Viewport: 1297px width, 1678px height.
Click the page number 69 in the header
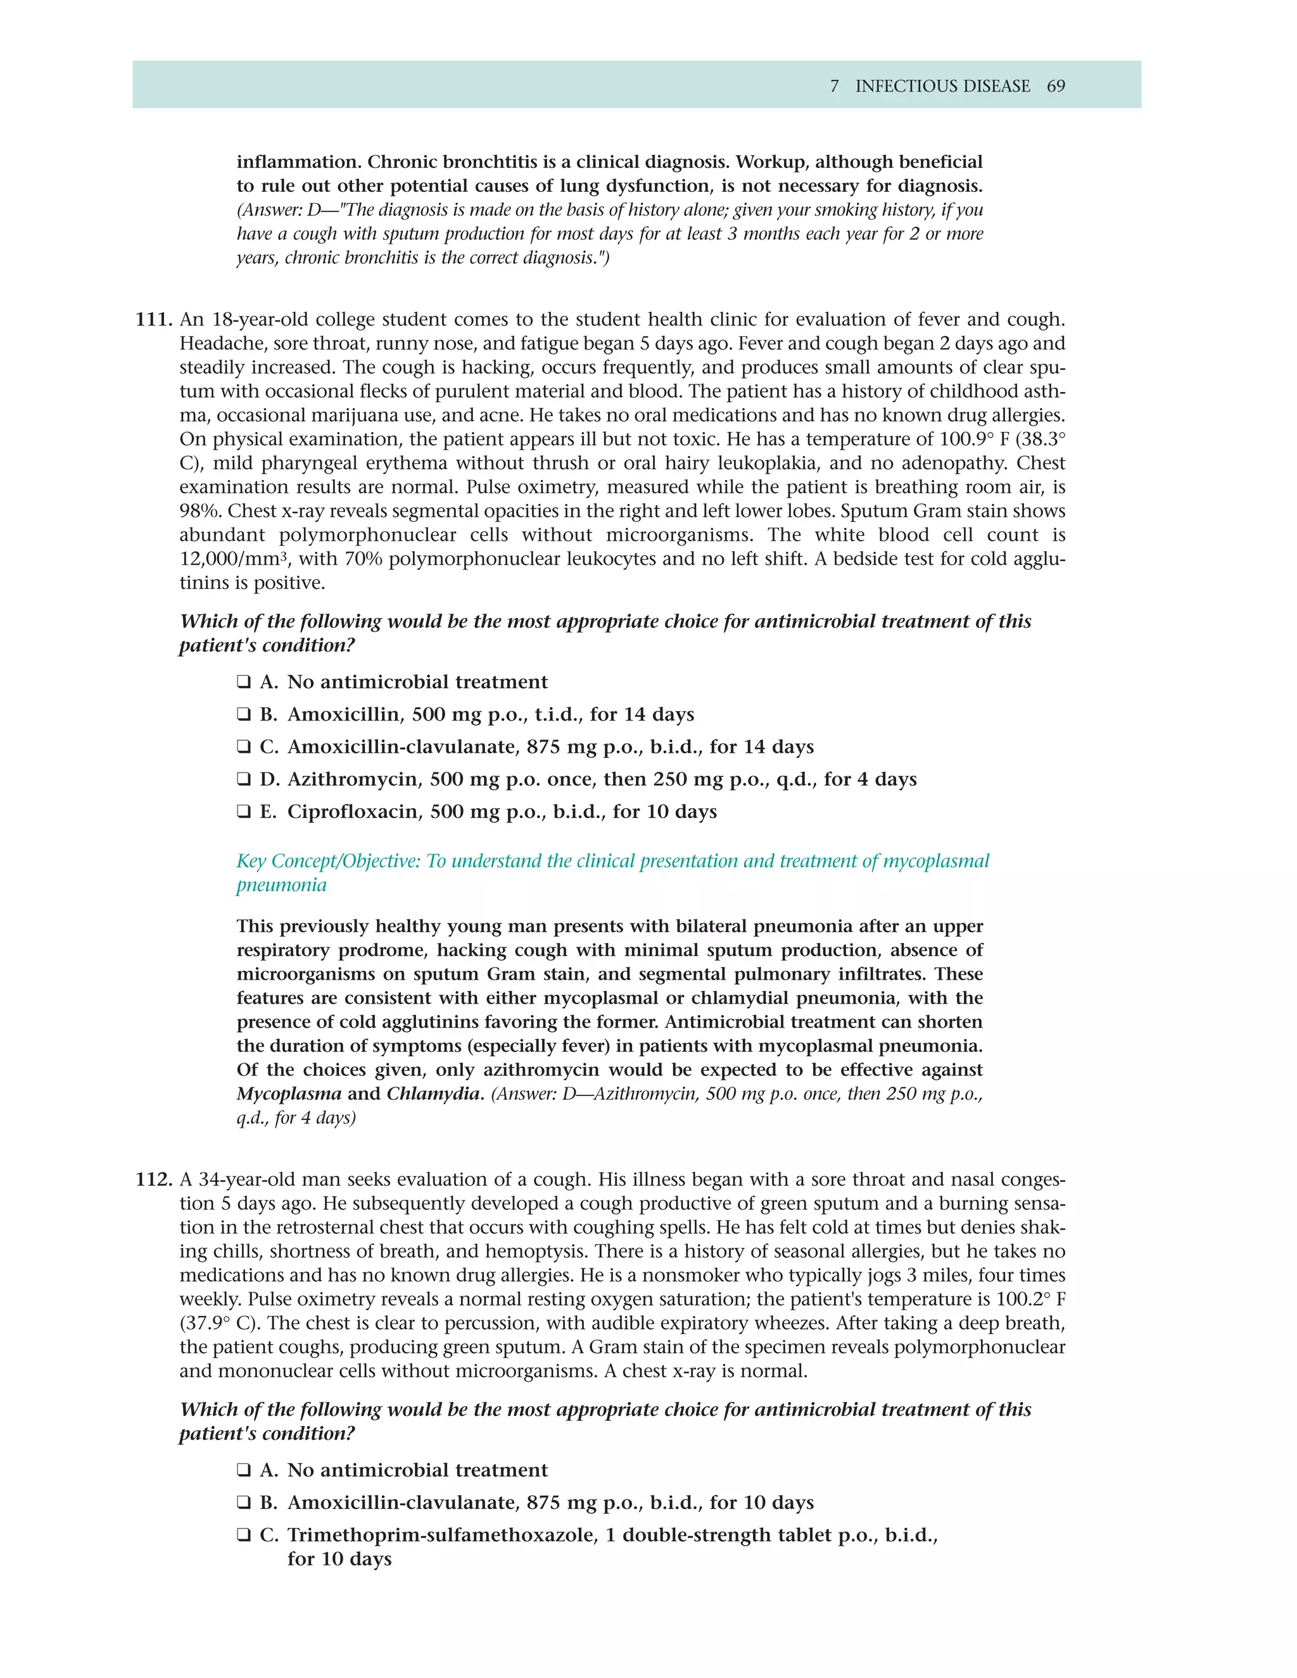(x=1056, y=86)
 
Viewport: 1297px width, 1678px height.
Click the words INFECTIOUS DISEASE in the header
(x=943, y=86)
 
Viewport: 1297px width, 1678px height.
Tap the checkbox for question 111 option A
(x=244, y=682)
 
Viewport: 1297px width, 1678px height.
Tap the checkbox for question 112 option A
(x=244, y=1470)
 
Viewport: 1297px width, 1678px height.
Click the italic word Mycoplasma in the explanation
(x=288, y=1094)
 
